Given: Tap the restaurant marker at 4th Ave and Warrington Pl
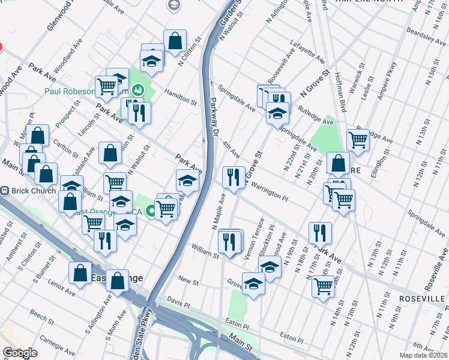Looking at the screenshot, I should coord(233,176).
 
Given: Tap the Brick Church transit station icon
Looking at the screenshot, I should coord(5,191).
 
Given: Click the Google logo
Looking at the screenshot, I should coord(20,352).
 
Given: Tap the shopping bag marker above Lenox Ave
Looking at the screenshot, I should coord(80,273).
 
